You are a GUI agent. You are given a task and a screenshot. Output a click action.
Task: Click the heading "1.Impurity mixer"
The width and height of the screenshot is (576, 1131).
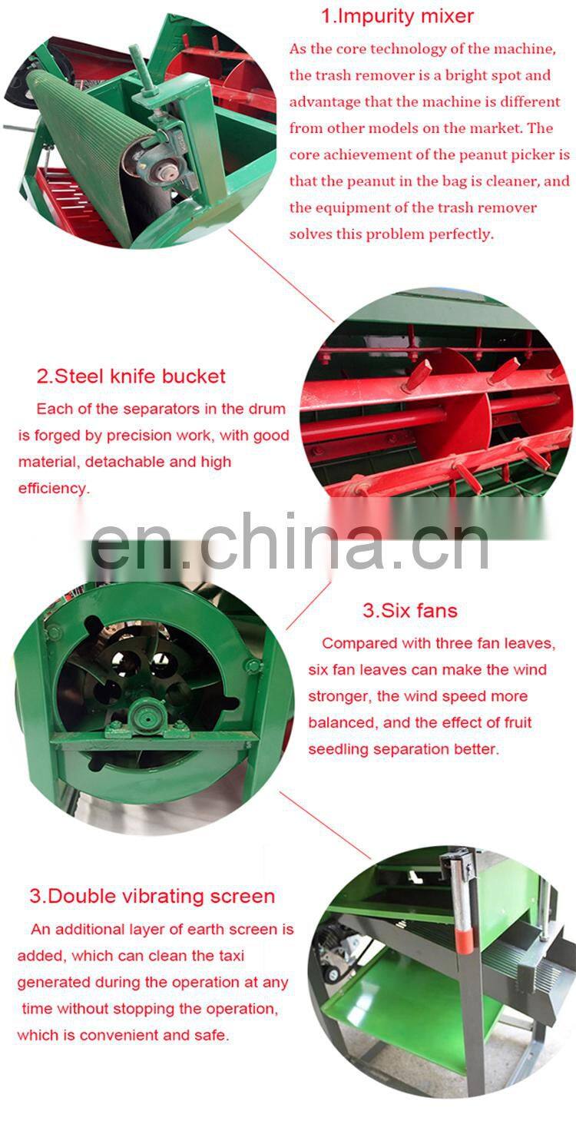coord(397,15)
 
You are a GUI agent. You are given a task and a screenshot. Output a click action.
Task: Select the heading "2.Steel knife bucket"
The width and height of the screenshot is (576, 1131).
coord(131,376)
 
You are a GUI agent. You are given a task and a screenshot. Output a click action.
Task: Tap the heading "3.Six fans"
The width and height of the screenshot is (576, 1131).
coord(410,611)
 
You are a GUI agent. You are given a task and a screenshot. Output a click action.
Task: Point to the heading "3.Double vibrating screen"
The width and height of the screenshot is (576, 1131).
coord(152,896)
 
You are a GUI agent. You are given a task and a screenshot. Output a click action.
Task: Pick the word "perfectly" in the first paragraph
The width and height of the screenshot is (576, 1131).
coord(462,234)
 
